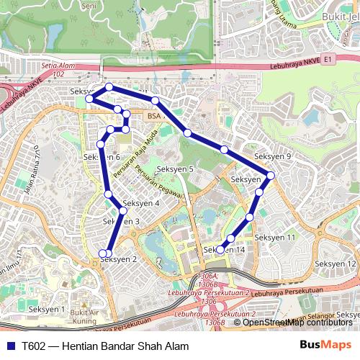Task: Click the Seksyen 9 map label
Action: click(273, 156)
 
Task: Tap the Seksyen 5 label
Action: click(176, 169)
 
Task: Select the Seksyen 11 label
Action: click(275, 237)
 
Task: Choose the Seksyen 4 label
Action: click(141, 203)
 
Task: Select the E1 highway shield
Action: click(329, 59)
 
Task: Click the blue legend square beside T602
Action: click(10, 346)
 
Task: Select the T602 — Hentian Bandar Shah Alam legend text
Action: click(105, 346)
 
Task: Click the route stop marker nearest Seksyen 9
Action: click(271, 175)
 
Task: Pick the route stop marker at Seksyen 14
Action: click(220, 250)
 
